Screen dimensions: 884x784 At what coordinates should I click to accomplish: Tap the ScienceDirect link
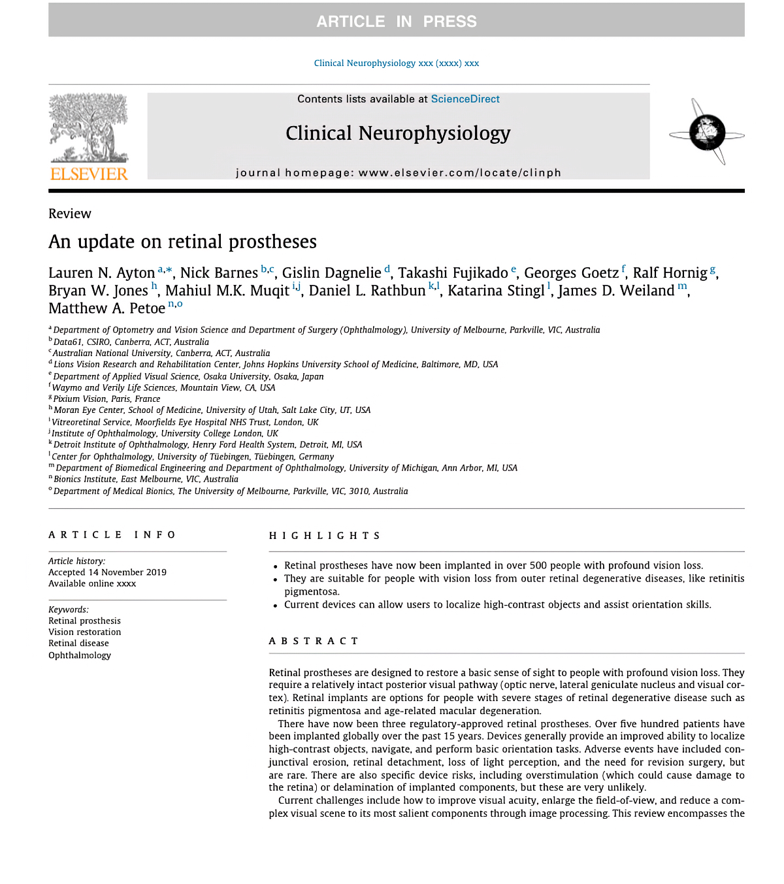[465, 99]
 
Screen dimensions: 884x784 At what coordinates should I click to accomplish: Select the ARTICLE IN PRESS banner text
[397, 22]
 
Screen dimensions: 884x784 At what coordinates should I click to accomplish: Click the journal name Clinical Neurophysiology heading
[398, 133]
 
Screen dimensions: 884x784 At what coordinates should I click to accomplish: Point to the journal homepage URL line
[399, 172]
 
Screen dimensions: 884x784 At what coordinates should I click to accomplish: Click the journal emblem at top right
[707, 133]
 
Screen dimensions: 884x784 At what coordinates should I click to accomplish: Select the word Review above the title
[70, 214]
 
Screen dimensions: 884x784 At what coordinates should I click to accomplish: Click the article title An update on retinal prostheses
[182, 242]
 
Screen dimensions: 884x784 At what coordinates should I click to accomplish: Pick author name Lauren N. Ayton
[101, 273]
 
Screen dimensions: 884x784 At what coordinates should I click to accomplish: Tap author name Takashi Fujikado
[453, 273]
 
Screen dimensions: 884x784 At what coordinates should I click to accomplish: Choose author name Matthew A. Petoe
[106, 308]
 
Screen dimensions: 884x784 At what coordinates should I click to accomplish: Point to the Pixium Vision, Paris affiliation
[106, 399]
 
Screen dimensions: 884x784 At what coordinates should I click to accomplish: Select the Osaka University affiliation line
[188, 376]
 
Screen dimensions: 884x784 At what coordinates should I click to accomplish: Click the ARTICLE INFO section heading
[112, 534]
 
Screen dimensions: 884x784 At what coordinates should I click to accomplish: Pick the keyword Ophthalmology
[80, 655]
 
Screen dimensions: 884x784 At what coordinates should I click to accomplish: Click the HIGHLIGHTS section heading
[324, 536]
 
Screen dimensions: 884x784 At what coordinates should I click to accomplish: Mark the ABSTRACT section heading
[314, 641]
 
